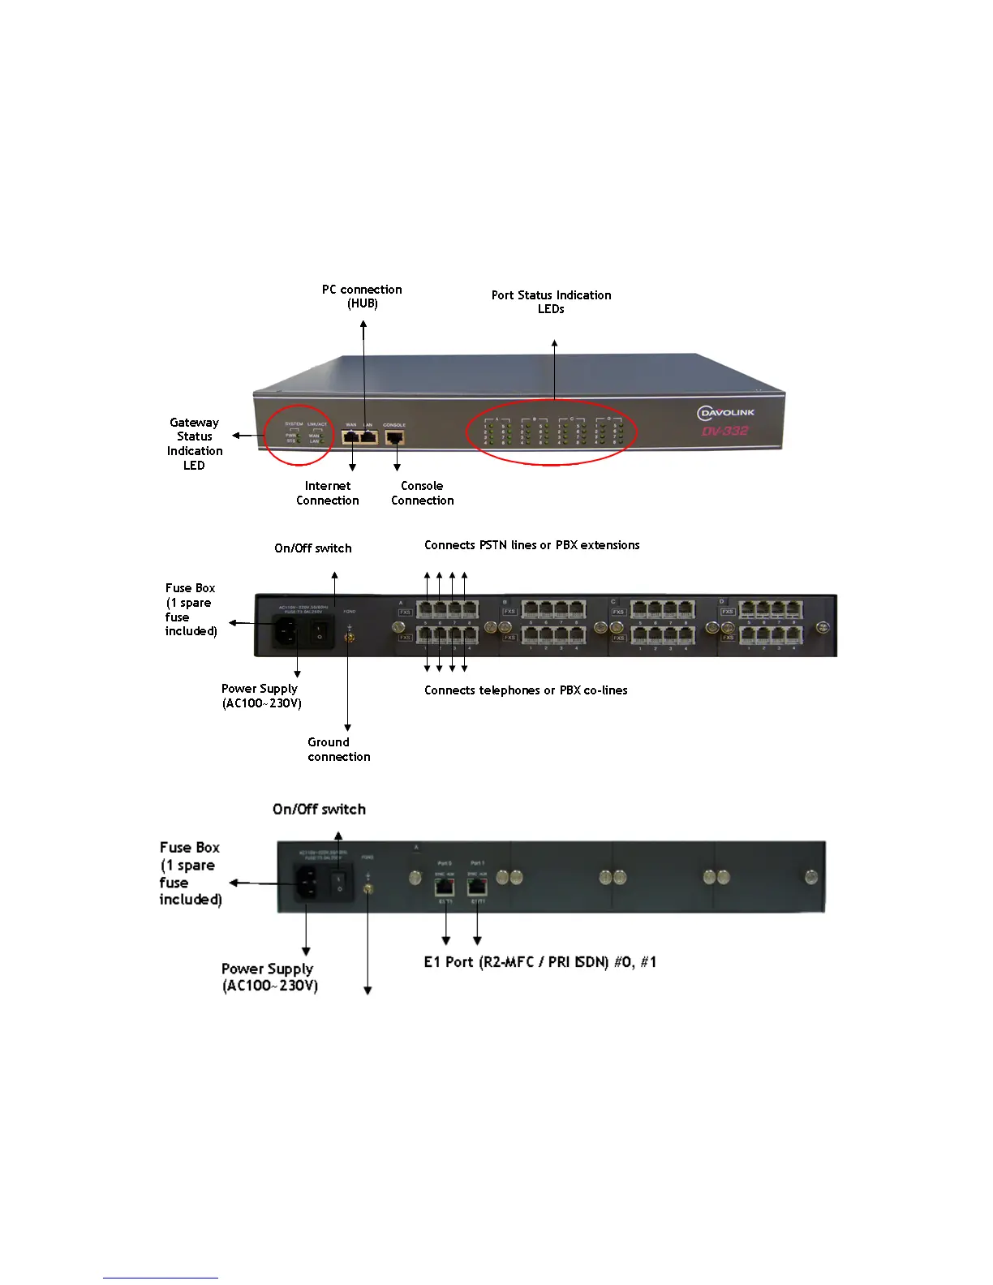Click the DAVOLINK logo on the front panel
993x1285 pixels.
pyautogui.click(x=726, y=413)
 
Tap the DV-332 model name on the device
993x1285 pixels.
pyautogui.click(x=725, y=431)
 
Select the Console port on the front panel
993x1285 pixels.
pyautogui.click(x=395, y=437)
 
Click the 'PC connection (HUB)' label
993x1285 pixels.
pyautogui.click(x=362, y=296)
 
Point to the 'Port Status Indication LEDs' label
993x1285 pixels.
pyautogui.click(x=551, y=302)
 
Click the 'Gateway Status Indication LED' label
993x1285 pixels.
pyautogui.click(x=195, y=444)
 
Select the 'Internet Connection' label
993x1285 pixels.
pyautogui.click(x=328, y=493)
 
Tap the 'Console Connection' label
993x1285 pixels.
pyautogui.click(x=422, y=493)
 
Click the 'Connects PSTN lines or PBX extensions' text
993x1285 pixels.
pyautogui.click(x=531, y=545)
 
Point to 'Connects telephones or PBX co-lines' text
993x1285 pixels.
pyautogui.click(x=526, y=690)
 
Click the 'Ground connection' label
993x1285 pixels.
pyautogui.click(x=338, y=750)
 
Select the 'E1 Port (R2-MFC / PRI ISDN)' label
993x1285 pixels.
pyautogui.click(x=539, y=962)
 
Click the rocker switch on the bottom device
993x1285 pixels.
pyautogui.click(x=340, y=882)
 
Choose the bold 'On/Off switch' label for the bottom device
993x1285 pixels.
pyautogui.click(x=319, y=810)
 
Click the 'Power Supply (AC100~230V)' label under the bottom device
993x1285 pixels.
pyautogui.click(x=269, y=978)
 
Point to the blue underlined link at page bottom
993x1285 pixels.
pyautogui.click(x=161, y=1278)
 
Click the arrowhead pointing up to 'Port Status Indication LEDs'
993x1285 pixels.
pyautogui.click(x=555, y=344)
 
